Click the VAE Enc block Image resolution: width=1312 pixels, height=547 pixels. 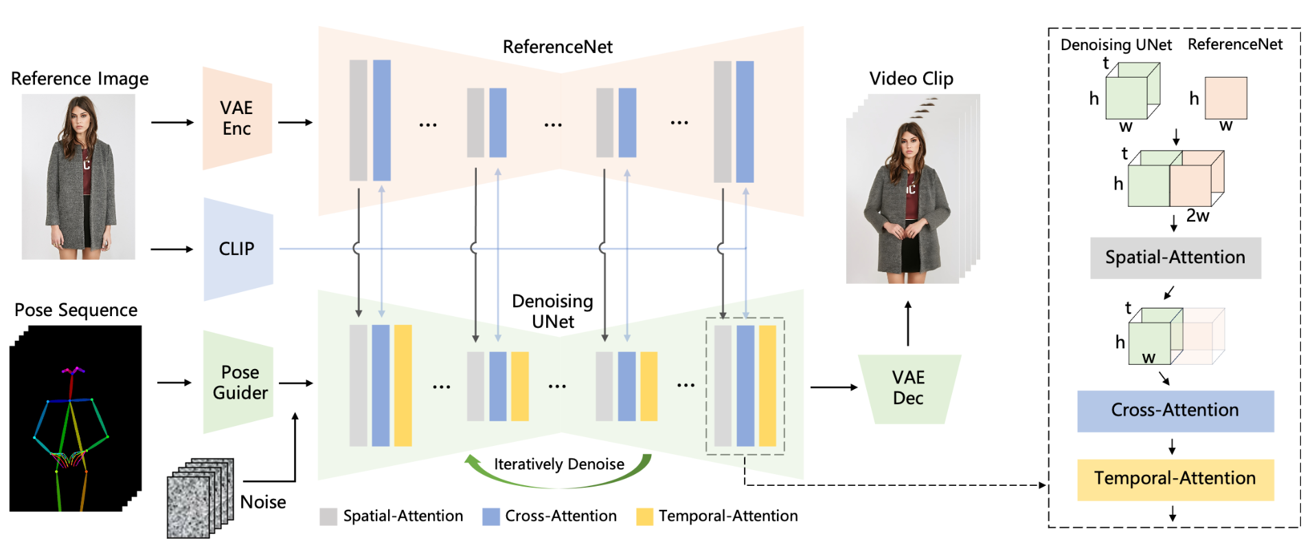[237, 118]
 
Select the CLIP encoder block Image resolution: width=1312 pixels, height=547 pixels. [238, 249]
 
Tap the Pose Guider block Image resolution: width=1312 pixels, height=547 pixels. [238, 382]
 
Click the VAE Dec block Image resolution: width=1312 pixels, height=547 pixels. [909, 388]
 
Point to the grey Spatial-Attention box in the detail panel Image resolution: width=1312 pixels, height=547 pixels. [1175, 258]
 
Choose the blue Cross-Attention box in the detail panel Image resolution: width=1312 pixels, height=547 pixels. [1175, 411]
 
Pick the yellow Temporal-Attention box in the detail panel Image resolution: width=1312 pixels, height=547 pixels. [1175, 479]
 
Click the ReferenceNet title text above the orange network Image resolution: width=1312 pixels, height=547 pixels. [558, 47]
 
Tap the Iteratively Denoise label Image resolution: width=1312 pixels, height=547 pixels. [559, 465]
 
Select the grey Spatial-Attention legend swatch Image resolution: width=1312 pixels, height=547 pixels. [328, 517]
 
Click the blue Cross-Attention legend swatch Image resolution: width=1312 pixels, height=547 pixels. [491, 517]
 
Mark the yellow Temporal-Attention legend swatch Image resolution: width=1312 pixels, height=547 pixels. [645, 517]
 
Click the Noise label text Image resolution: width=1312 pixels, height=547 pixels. [263, 502]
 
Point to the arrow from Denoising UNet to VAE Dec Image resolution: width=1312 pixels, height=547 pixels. [834, 388]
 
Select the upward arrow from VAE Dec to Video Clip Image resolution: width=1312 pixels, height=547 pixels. [908, 323]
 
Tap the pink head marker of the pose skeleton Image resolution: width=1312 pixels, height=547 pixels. [73, 370]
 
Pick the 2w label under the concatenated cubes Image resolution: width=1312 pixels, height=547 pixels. [1197, 216]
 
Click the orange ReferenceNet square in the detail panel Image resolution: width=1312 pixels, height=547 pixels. [1226, 98]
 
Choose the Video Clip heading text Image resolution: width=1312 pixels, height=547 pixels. [912, 79]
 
